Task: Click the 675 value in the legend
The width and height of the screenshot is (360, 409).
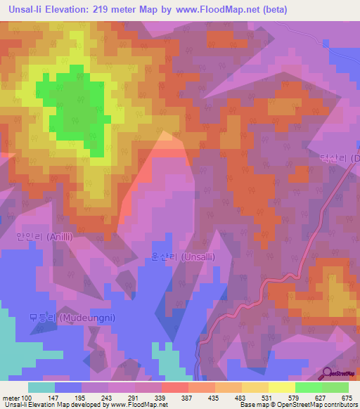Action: (x=347, y=398)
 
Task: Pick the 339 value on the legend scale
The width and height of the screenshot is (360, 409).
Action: (x=160, y=398)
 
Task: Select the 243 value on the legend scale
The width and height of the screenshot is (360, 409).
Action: (x=107, y=398)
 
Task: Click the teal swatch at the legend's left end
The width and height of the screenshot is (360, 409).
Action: (x=41, y=387)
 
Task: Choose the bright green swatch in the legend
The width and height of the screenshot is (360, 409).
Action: (x=308, y=387)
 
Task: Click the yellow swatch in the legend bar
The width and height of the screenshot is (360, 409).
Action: (x=281, y=387)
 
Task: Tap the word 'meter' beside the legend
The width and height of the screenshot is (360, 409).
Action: (x=11, y=398)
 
